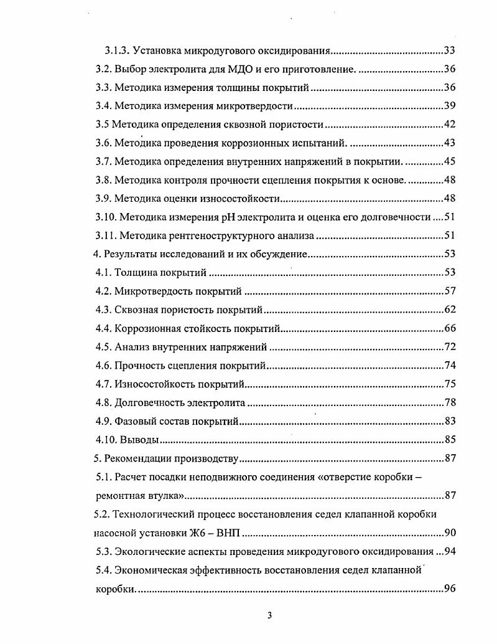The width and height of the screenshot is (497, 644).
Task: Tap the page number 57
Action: pos(450,291)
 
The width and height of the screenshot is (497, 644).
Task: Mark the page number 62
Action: pos(450,310)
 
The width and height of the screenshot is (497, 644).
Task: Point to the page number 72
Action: pos(450,347)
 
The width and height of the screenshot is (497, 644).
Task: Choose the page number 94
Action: pos(450,552)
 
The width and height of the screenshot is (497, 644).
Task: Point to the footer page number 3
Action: pos(269,616)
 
